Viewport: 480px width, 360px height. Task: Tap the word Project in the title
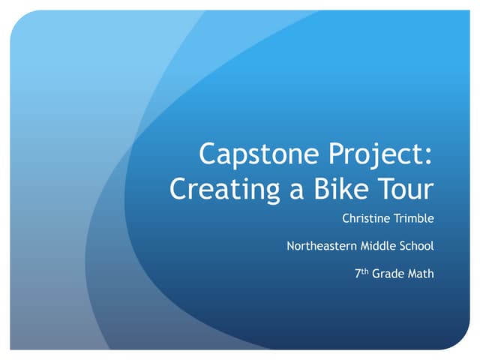(375, 154)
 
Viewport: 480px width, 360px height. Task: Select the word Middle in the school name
(379, 246)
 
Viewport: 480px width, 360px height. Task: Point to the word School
(417, 246)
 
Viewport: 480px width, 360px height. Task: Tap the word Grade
(388, 273)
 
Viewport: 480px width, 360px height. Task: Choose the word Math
(421, 273)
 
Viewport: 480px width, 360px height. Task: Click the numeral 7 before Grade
(358, 274)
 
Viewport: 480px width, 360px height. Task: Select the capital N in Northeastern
(291, 246)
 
